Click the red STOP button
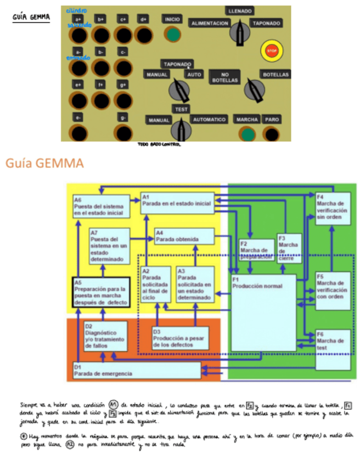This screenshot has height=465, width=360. (271, 50)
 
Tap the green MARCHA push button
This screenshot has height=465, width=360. (248, 134)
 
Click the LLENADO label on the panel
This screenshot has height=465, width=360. (238, 11)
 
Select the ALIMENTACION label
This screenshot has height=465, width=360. (209, 24)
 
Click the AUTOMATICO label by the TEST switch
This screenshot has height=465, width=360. (209, 120)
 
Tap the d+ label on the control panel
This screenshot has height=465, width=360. (143, 19)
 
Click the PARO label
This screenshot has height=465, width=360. (271, 120)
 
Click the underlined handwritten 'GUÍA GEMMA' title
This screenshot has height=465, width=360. (31, 18)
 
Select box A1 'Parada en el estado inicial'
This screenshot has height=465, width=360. (176, 203)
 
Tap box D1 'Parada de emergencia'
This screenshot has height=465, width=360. (136, 371)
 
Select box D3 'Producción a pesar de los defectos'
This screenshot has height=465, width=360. (180, 338)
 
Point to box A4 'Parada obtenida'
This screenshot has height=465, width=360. (183, 236)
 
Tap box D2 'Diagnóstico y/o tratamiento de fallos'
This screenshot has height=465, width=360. (105, 336)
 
